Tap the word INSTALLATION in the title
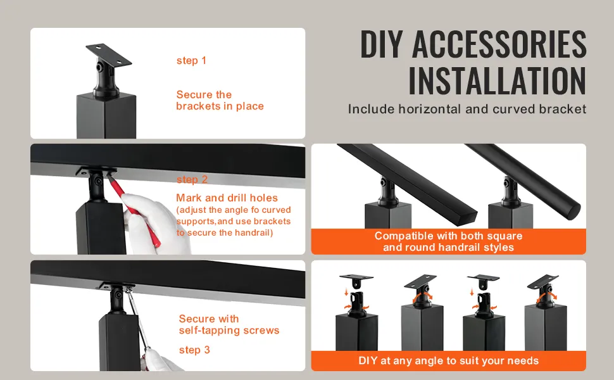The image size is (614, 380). point(498,81)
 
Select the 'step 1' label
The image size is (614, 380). point(191,61)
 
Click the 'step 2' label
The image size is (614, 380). point(192,179)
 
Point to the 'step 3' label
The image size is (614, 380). point(194,350)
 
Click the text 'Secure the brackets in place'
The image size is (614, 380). point(220,100)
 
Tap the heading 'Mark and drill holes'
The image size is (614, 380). point(227,198)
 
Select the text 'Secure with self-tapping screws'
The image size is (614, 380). point(229,324)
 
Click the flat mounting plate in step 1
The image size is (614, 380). point(108,54)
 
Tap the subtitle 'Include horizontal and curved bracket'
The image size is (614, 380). point(467,109)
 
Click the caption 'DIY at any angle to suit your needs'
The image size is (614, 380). point(448,360)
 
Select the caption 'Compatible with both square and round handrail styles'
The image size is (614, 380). point(448,241)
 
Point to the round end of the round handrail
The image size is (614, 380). point(573,210)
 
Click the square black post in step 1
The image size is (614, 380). point(106,115)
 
